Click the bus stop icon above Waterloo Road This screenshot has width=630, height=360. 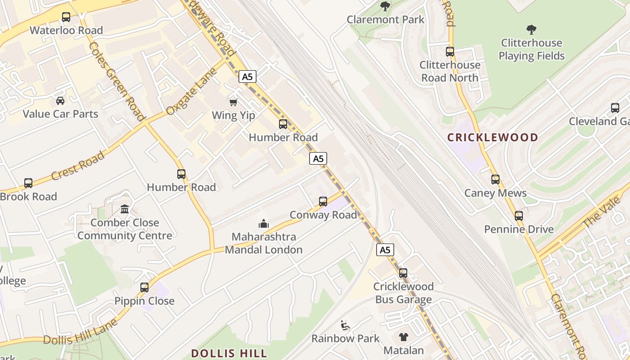pyautogui.click(x=66, y=17)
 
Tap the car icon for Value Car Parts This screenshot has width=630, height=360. pyautogui.click(x=60, y=100)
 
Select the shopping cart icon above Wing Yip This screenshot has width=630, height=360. pyautogui.click(x=233, y=102)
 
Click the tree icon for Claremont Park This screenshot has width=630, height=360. pyautogui.click(x=385, y=6)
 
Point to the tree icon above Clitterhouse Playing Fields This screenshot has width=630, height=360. pyautogui.click(x=531, y=30)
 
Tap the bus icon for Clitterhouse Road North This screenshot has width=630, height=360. pyautogui.click(x=450, y=52)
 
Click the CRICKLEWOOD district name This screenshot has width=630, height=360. pyautogui.click(x=493, y=137)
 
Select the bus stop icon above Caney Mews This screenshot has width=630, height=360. pyautogui.click(x=495, y=180)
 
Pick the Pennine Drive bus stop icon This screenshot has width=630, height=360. pyautogui.click(x=519, y=216)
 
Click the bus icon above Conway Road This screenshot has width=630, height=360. pyautogui.click(x=323, y=202)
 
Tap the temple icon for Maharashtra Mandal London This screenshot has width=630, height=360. pyautogui.click(x=263, y=223)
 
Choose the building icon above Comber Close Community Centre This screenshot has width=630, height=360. pyautogui.click(x=125, y=209)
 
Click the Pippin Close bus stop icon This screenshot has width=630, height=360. pyautogui.click(x=144, y=287)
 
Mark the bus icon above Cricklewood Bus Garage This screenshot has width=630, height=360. pyautogui.click(x=403, y=273)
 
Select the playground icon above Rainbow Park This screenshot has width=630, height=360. pyautogui.click(x=345, y=325)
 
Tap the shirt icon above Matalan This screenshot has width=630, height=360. pyautogui.click(x=403, y=337)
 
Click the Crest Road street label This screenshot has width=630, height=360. pyautogui.click(x=78, y=166)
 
